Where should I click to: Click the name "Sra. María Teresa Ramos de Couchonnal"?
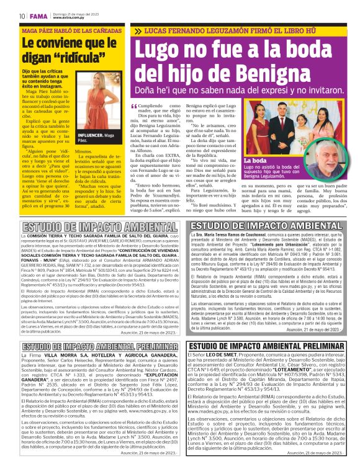[x=232, y=238]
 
